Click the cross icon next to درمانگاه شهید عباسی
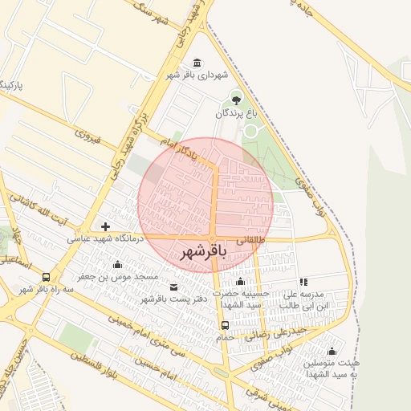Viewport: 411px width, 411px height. click(105, 226)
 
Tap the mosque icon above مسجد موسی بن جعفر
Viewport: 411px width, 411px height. click(118, 265)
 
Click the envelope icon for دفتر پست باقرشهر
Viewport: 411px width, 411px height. click(174, 287)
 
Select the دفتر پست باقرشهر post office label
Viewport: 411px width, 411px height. click(174, 299)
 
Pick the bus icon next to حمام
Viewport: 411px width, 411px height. click(225, 325)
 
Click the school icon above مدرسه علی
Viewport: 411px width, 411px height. click(303, 283)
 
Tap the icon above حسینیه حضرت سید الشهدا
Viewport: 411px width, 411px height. click(240, 282)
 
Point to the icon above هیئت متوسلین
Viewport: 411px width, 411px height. click(332, 351)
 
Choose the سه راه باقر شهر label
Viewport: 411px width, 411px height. click(47, 288)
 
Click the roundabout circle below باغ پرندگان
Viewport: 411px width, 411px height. click(251, 129)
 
